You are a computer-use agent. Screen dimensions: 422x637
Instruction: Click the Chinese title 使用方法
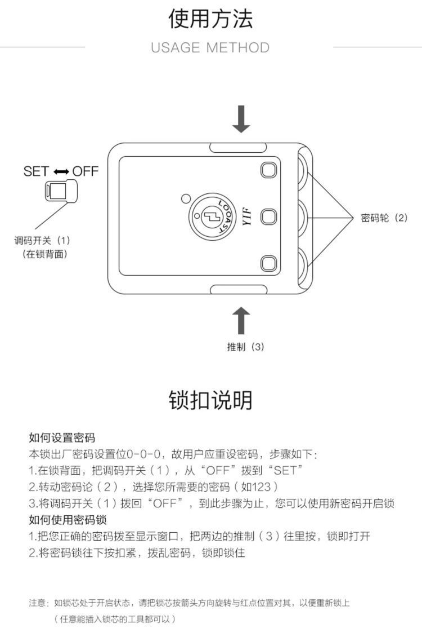coord(210,19)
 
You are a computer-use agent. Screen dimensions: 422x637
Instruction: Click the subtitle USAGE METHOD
coord(210,48)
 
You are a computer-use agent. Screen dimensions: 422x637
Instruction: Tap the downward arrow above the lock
coord(241,119)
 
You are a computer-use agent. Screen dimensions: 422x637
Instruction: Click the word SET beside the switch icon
coord(36,171)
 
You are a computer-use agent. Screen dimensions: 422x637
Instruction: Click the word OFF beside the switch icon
coord(86,171)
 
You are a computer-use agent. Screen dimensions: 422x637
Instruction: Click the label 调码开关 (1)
coord(42,241)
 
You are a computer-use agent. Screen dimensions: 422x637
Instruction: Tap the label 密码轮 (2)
coord(384,218)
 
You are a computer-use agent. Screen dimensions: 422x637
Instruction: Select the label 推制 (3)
coord(245,347)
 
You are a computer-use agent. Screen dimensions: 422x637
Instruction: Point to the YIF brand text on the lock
coord(245,216)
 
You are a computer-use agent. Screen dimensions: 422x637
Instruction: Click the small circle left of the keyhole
coord(186,198)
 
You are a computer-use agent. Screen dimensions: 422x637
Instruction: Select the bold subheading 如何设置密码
coord(62,437)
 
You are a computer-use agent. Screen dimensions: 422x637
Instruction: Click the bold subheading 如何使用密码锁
coord(68,519)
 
